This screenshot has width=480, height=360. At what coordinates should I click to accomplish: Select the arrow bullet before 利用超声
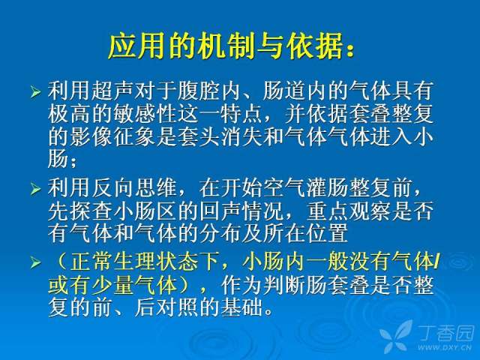pyautogui.click(x=35, y=91)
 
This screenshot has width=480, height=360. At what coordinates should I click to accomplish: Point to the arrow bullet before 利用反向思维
pyautogui.click(x=35, y=189)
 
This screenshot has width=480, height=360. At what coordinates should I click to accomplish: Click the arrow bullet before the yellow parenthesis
pyautogui.click(x=35, y=262)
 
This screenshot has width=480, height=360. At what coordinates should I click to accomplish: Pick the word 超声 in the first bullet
pyautogui.click(x=113, y=91)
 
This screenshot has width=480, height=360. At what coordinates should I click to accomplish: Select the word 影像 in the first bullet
pyautogui.click(x=91, y=136)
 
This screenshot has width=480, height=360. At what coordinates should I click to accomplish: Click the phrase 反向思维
pyautogui.click(x=135, y=187)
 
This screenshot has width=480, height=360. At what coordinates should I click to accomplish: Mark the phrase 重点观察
pyautogui.click(x=349, y=211)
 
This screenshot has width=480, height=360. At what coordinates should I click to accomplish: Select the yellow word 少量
pyautogui.click(x=113, y=285)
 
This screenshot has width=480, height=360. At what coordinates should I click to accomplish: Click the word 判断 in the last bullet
pyautogui.click(x=285, y=285)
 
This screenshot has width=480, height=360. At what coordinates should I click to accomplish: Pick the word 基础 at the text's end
pyautogui.click(x=242, y=307)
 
